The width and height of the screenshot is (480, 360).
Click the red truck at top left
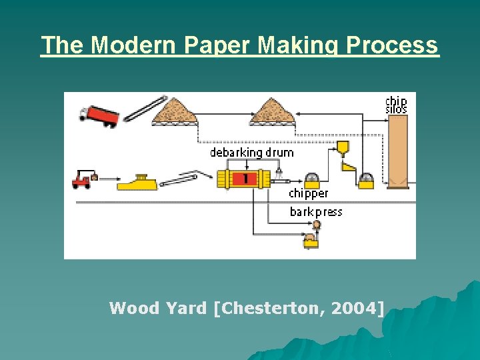99,115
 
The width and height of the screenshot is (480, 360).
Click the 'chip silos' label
396,105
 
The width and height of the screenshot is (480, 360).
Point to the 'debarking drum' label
251,153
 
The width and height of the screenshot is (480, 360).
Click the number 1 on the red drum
245,179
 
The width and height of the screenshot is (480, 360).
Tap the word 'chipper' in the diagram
308,193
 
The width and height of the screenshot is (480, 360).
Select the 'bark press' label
315,212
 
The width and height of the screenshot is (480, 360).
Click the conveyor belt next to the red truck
145,109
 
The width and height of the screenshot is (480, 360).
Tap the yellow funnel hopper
343,147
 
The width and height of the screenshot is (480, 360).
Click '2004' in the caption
359,308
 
